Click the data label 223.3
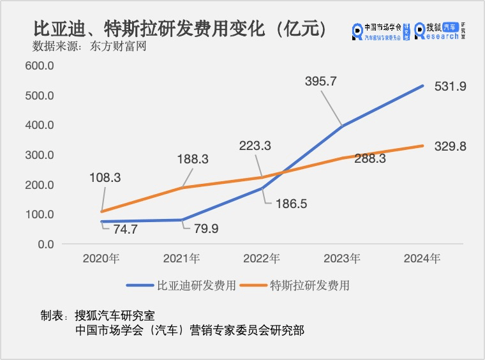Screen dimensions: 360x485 tap(254, 146)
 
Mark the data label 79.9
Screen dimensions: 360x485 tap(202, 229)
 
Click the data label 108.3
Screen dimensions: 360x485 tap(103, 178)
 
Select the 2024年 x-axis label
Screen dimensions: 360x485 tap(422, 259)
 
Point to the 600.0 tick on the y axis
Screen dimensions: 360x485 tap(40, 66)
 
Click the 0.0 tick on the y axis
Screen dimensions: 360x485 tap(45, 244)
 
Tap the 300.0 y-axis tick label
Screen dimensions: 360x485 tap(40, 155)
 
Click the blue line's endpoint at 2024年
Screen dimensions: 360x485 tap(422, 86)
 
